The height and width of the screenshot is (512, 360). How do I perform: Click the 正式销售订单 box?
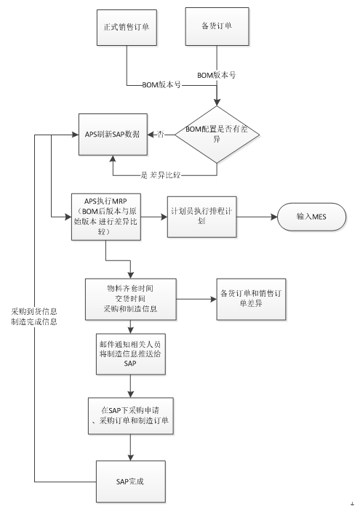(127, 28)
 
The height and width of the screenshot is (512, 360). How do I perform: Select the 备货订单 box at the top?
(217, 26)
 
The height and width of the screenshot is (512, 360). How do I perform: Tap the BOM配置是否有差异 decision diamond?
(217, 135)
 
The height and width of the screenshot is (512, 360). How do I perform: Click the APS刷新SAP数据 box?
(113, 135)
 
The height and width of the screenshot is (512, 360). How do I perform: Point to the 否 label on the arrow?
(161, 135)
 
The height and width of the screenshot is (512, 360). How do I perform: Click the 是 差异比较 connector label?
(161, 175)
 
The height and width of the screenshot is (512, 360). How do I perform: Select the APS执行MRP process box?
(106, 217)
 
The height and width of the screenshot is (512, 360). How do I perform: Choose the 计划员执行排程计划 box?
(202, 217)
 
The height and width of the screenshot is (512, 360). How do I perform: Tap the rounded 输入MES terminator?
(312, 217)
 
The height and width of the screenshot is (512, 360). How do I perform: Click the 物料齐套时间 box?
(131, 299)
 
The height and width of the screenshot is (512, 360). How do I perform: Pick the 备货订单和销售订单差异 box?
(251, 299)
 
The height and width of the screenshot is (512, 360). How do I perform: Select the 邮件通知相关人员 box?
(131, 354)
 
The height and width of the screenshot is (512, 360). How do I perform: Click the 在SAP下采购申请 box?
(131, 416)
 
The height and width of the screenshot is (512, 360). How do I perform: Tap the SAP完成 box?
(131, 481)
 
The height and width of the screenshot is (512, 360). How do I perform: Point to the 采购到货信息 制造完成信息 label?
(34, 317)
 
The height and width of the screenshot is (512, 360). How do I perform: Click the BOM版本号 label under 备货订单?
(216, 76)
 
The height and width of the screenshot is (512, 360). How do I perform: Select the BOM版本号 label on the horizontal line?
(161, 85)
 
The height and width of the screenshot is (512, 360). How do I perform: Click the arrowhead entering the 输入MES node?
(274, 217)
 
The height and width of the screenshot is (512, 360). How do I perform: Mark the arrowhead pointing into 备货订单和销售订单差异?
(214, 299)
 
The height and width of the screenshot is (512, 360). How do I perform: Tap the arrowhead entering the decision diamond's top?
(217, 103)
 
